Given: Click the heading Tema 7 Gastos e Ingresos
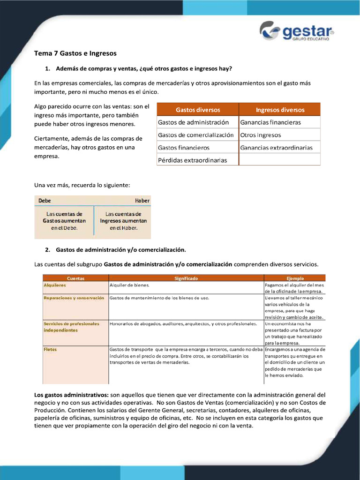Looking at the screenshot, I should pyautogui.click(x=75, y=53).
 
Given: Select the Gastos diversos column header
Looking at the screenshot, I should pyautogui.click(x=198, y=110).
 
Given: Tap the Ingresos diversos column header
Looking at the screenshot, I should pyautogui.click(x=280, y=110).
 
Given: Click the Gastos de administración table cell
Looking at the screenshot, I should pyautogui.click(x=193, y=122).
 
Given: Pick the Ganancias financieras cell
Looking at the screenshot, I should pyautogui.click(x=270, y=122).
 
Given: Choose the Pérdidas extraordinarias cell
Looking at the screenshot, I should pyautogui.click(x=192, y=160).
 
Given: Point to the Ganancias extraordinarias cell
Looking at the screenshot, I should pyautogui.click(x=276, y=148).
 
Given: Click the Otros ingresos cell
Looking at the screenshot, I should pyautogui.click(x=261, y=135).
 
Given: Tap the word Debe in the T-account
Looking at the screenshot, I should pyautogui.click(x=45, y=201).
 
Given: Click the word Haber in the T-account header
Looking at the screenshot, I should pyautogui.click(x=142, y=201).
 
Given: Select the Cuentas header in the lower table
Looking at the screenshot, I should pyautogui.click(x=75, y=278).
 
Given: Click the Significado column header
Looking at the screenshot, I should pyautogui.click(x=186, y=278).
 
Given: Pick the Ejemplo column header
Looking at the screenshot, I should pyautogui.click(x=295, y=278).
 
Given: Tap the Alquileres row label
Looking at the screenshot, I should pyautogui.click(x=55, y=285).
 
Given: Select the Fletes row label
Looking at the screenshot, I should pyautogui.click(x=50, y=349).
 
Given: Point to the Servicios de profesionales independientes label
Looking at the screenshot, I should pyautogui.click(x=71, y=327).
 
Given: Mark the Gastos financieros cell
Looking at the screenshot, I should pyautogui.click(x=184, y=148).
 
